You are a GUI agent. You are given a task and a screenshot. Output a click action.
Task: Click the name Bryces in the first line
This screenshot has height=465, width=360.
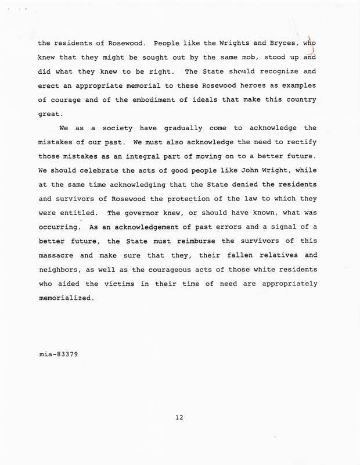273,44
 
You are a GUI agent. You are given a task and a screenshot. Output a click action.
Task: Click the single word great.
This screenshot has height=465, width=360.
48,115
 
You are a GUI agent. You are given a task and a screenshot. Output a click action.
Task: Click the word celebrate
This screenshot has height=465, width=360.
96,171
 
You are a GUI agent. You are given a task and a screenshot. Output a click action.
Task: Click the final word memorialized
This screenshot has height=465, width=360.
65,299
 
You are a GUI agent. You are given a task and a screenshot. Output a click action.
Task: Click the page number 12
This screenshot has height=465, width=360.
179,417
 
